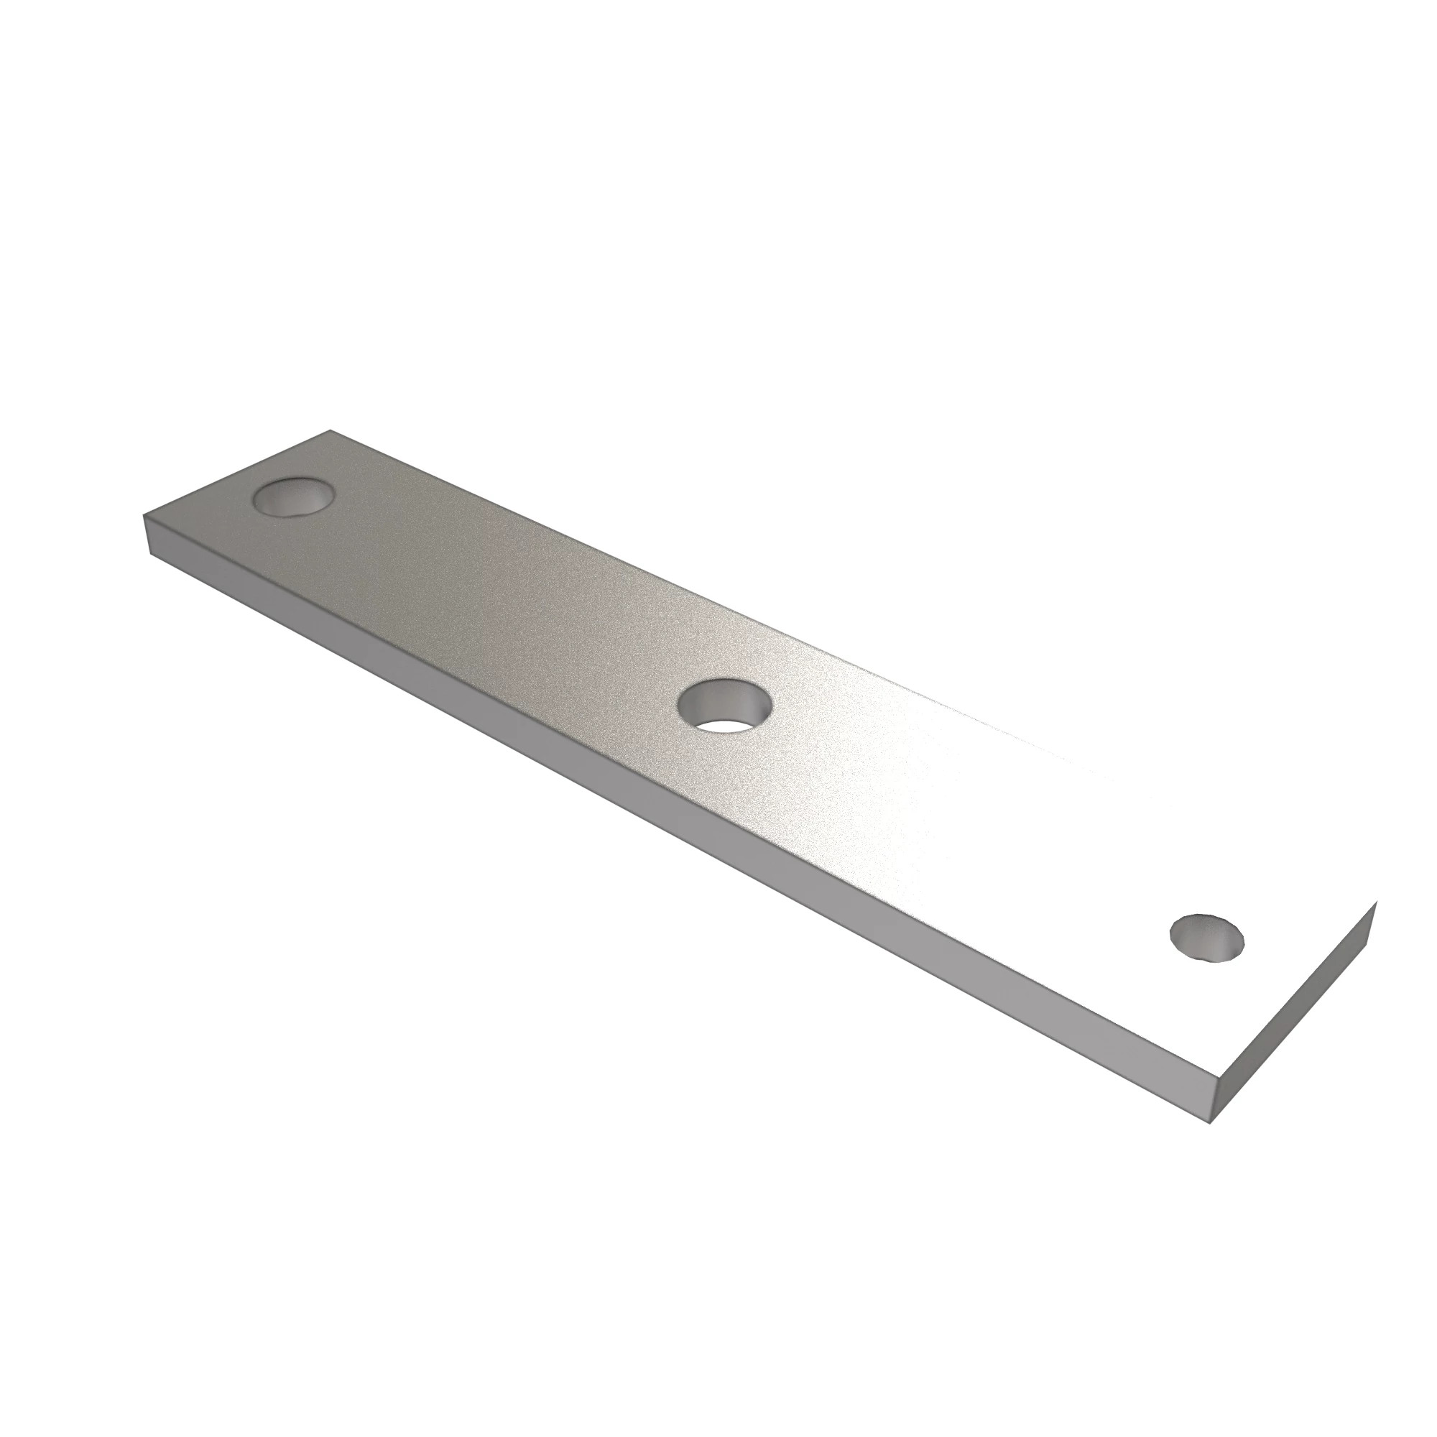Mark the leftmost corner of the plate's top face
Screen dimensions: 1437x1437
(143, 515)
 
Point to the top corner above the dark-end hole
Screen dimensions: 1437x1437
(330, 430)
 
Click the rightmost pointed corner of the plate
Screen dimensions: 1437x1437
(1377, 902)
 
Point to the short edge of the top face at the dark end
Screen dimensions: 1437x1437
(236, 472)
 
